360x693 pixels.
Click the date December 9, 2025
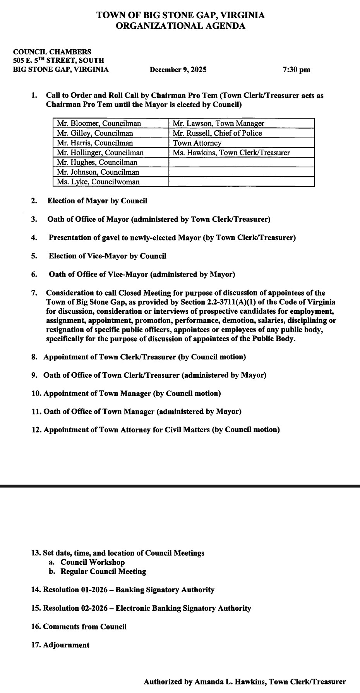[x=178, y=70]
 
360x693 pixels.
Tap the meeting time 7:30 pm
[x=297, y=70]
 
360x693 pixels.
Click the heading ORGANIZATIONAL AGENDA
[x=180, y=26]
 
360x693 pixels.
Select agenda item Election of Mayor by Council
[x=97, y=201]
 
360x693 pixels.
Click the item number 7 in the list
[x=34, y=293]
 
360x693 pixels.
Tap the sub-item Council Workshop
[x=93, y=562]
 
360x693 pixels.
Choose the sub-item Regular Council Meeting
[x=103, y=571]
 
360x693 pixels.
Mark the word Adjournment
[x=66, y=645]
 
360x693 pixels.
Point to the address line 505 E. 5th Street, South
[x=58, y=60]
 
